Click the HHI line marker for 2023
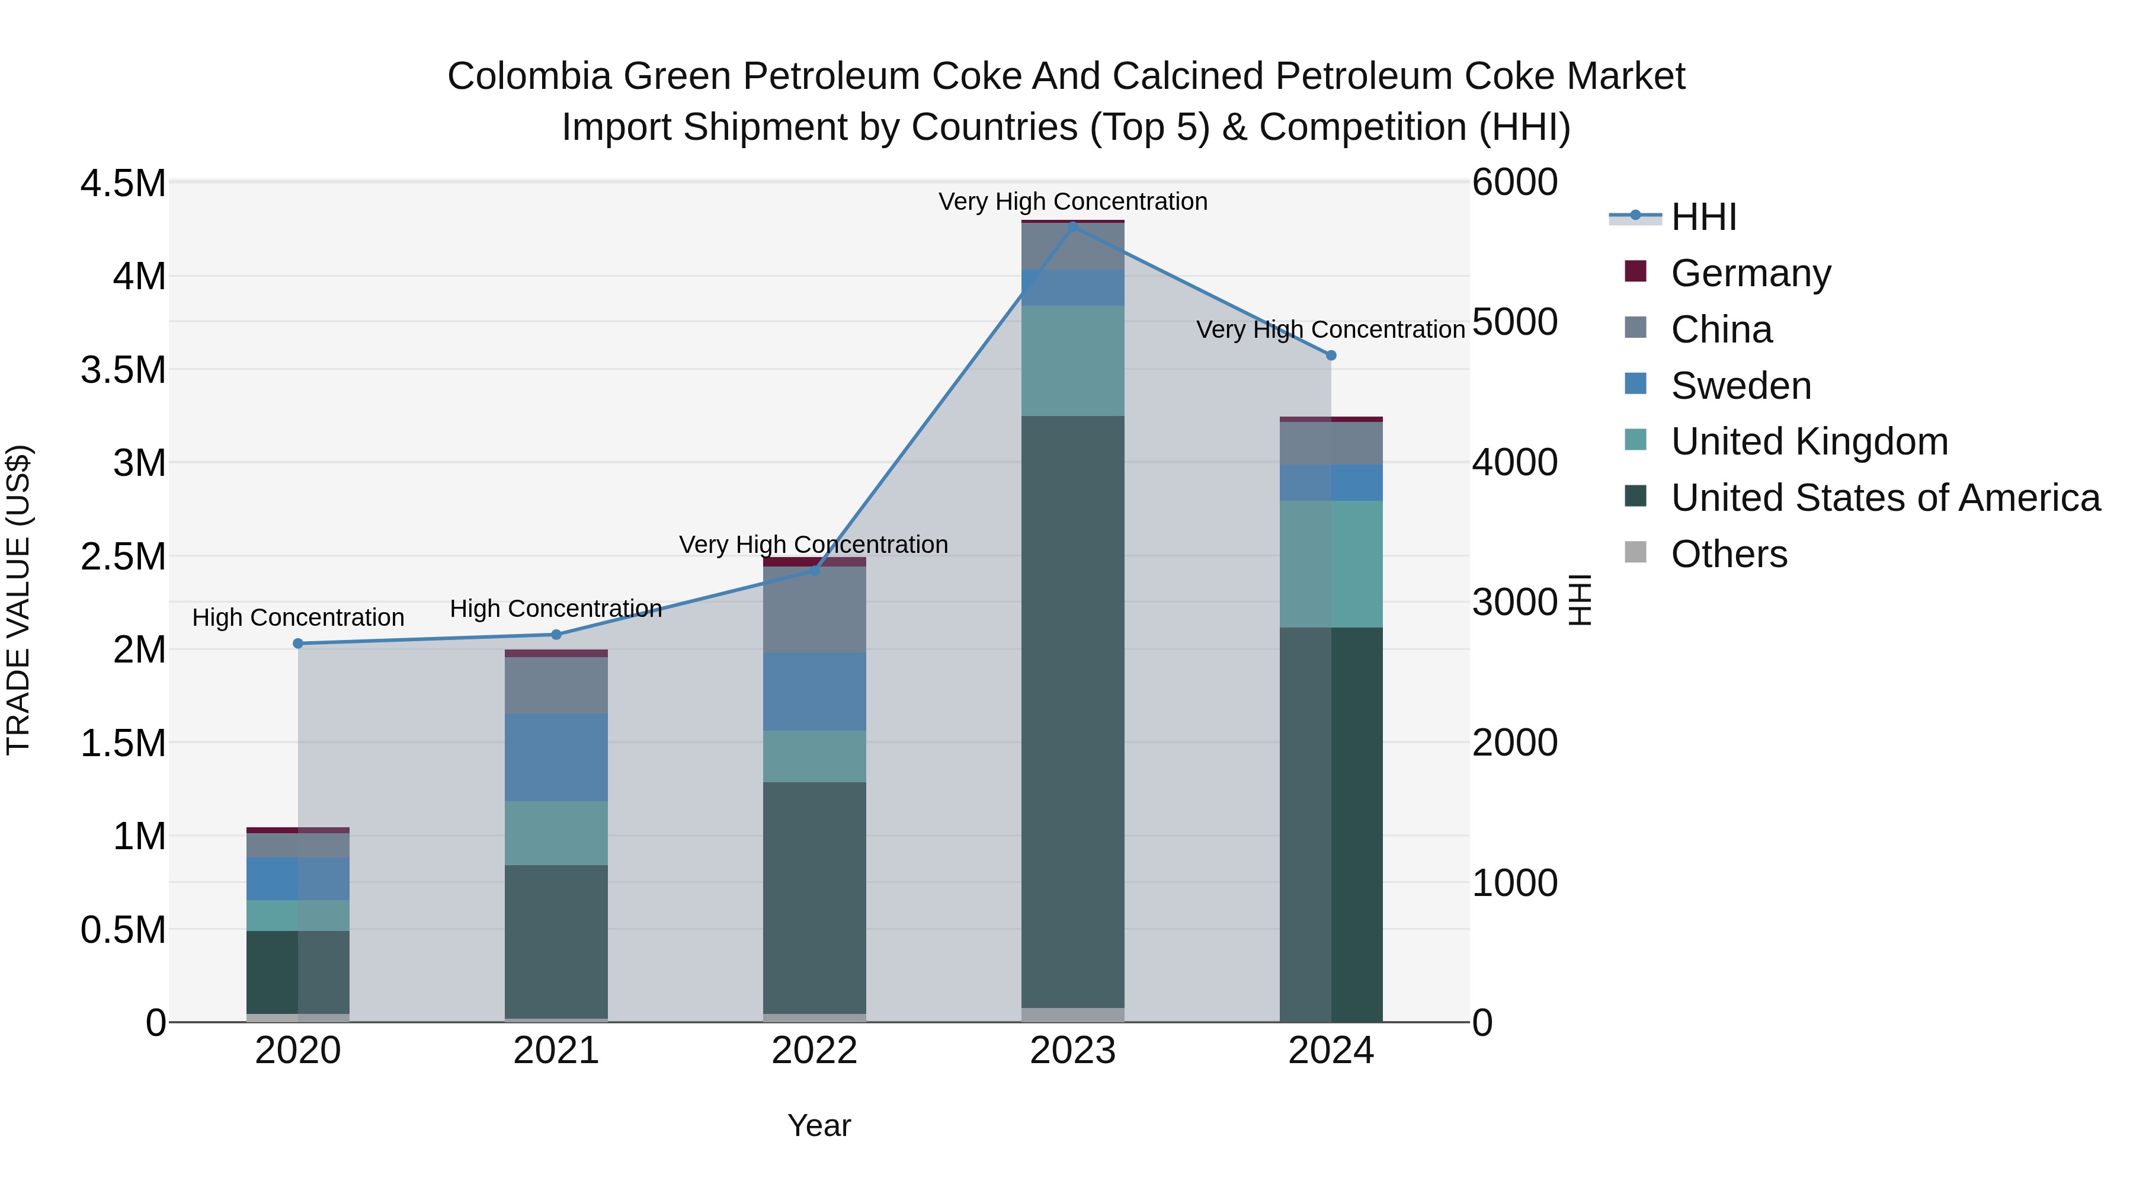click(1073, 226)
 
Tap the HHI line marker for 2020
click(298, 644)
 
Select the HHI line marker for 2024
click(1331, 356)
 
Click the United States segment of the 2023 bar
click(1073, 712)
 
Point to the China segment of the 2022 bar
click(815, 610)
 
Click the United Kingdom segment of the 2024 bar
click(1331, 564)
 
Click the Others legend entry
click(1729, 554)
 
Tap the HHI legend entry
click(1703, 217)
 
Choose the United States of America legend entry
click(1885, 498)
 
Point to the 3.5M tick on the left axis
click(123, 369)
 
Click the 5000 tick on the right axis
click(1515, 322)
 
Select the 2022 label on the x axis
click(815, 1051)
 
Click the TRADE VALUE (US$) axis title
click(19, 600)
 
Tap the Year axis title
click(819, 1125)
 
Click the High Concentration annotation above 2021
click(556, 609)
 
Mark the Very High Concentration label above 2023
click(1073, 201)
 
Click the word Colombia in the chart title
click(530, 76)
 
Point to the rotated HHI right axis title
click(1580, 600)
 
